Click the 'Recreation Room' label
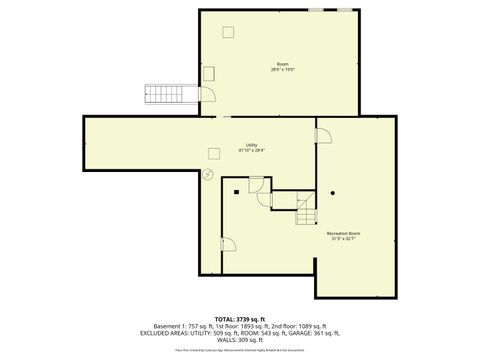click(x=343, y=234)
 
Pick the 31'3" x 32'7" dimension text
click(x=343, y=240)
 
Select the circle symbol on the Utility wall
click(x=208, y=173)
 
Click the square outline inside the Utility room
click(x=212, y=152)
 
